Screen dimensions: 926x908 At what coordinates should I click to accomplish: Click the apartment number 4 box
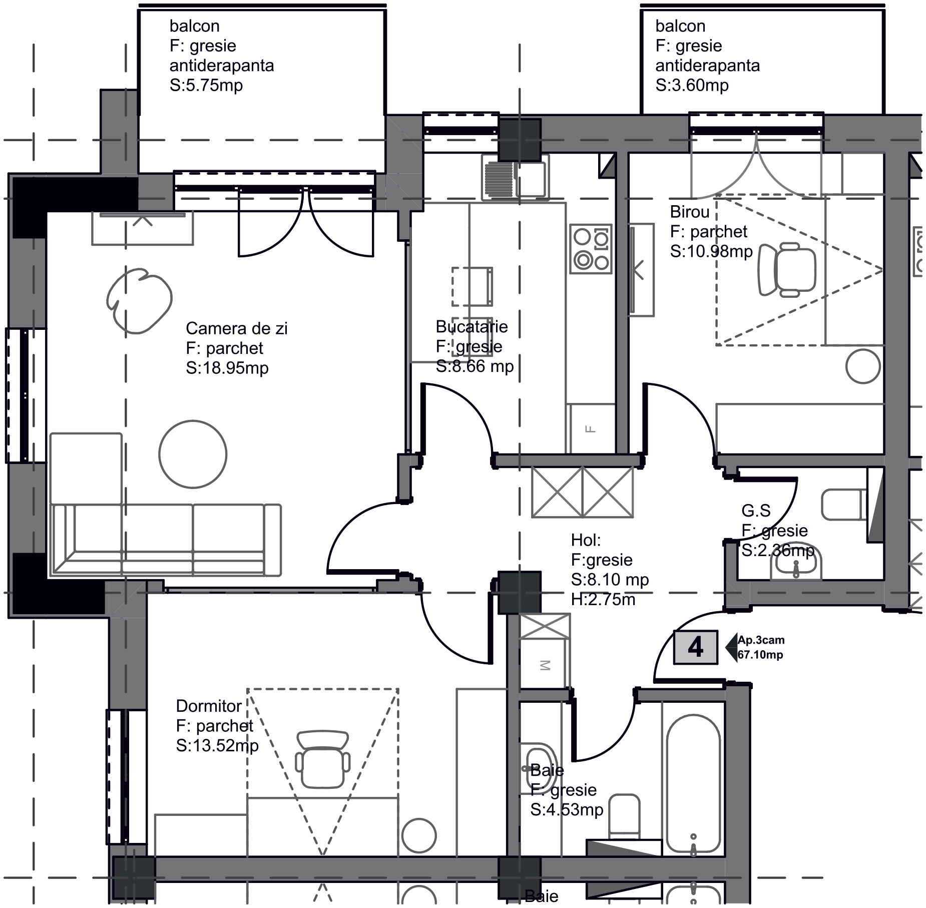click(x=695, y=647)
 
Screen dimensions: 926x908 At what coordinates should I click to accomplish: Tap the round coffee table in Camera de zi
click(x=193, y=454)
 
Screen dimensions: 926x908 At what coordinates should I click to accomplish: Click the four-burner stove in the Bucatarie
click(x=591, y=249)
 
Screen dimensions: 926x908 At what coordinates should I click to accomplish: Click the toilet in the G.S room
click(x=844, y=504)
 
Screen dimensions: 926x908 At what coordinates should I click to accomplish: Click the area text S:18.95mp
click(x=227, y=368)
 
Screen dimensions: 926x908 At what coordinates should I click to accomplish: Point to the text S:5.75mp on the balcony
click(x=206, y=85)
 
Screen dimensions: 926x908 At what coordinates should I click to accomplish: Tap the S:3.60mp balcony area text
click(x=692, y=85)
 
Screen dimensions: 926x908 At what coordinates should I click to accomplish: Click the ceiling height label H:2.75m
click(x=603, y=599)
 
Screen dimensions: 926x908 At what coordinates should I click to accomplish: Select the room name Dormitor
click(x=209, y=706)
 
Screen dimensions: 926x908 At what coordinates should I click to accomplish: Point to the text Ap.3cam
click(x=761, y=640)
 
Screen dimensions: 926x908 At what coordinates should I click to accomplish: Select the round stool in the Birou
click(x=863, y=366)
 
